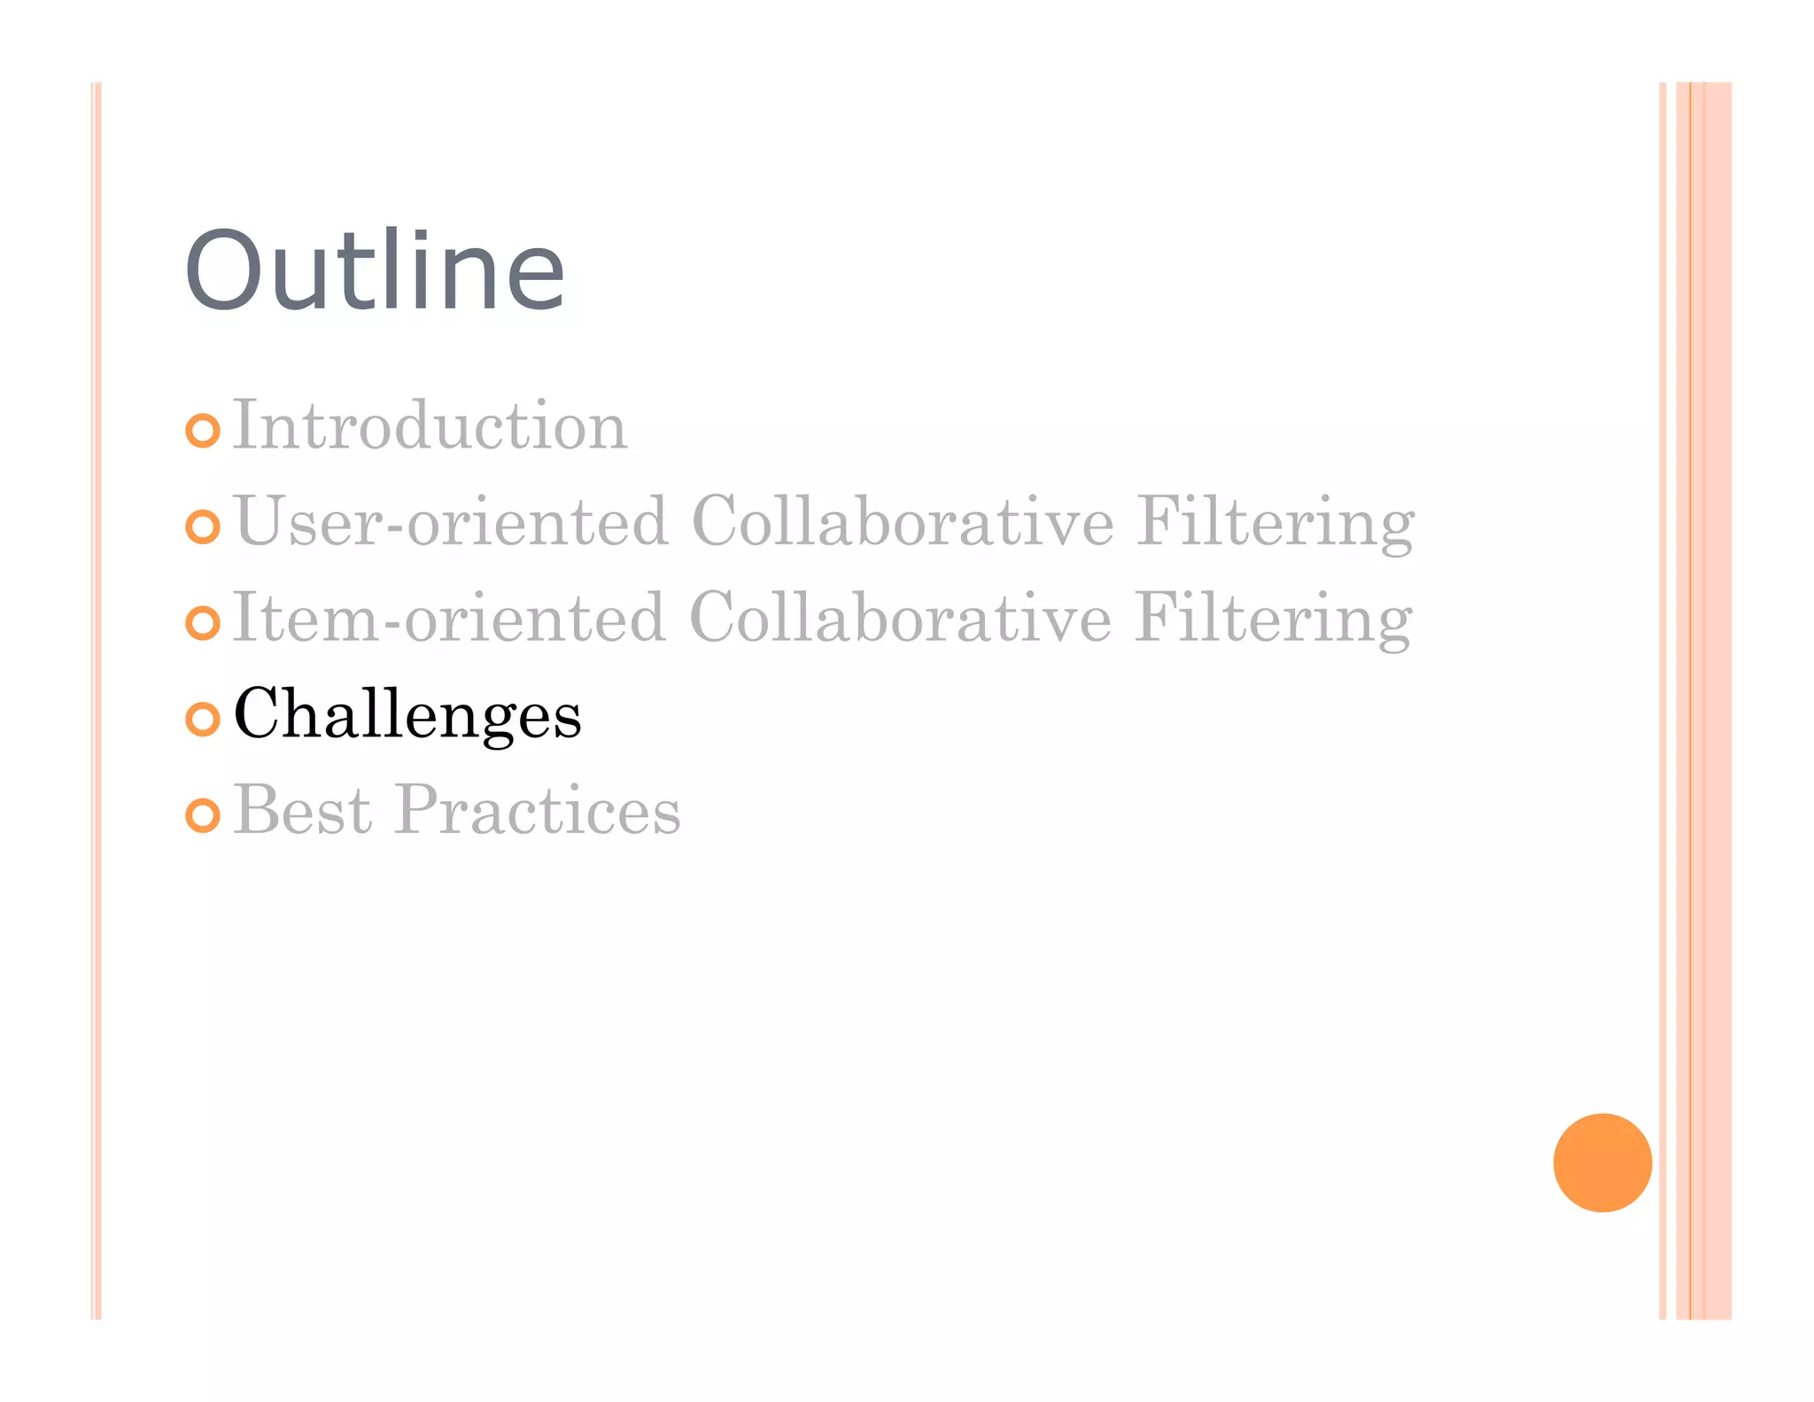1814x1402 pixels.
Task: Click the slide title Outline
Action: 374,271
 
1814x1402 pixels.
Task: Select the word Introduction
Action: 430,426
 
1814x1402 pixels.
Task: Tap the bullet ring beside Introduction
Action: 203,431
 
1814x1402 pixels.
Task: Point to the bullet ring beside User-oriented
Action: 203,527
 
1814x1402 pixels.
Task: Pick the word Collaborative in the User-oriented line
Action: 903,522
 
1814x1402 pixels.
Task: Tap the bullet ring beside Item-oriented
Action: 203,623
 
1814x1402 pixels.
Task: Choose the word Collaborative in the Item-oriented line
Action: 900,619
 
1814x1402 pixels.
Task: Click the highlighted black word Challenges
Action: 407,716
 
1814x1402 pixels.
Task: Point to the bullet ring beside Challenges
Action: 203,719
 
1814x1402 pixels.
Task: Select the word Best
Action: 303,810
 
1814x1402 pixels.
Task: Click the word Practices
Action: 538,812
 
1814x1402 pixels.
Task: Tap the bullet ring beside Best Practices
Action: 203,815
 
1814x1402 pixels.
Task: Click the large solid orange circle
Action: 1602,1163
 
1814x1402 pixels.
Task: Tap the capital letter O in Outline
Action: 222,271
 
